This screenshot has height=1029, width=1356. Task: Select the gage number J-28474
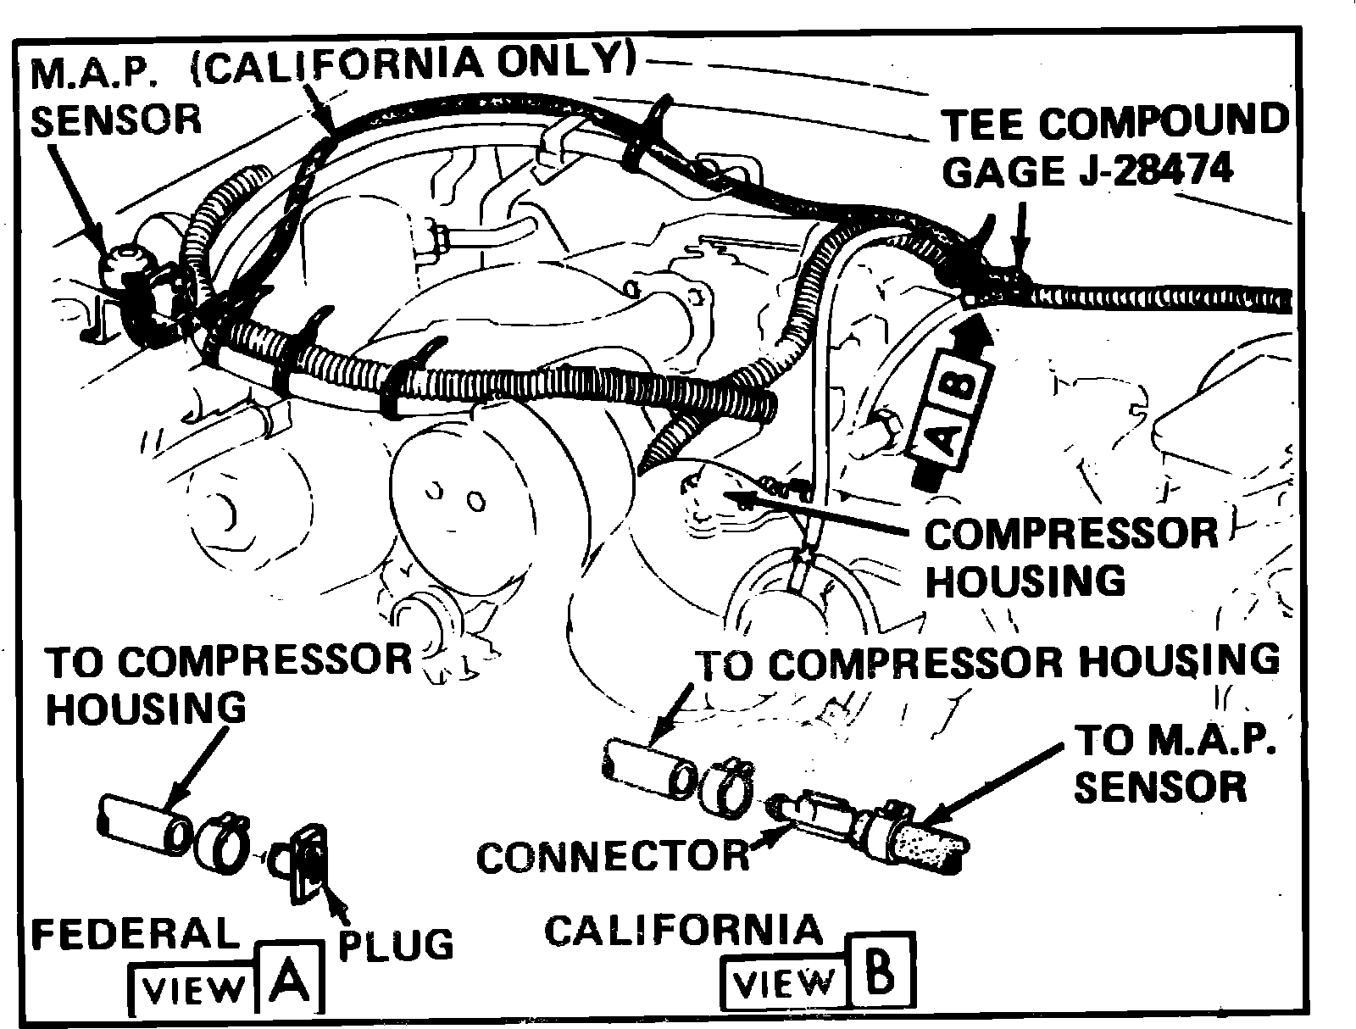pos(1151,172)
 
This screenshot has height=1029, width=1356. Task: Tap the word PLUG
pos(395,943)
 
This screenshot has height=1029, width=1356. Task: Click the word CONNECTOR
pos(613,857)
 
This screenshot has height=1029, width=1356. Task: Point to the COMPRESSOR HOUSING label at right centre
pos(1070,557)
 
